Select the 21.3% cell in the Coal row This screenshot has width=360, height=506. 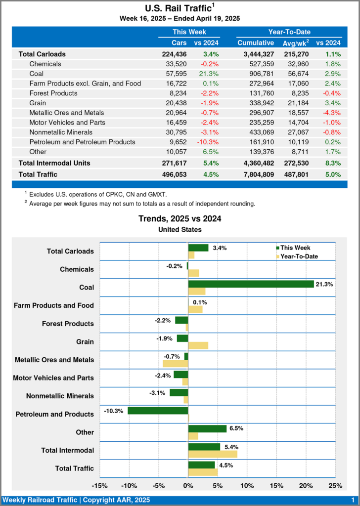coord(210,74)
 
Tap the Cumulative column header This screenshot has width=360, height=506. coord(255,43)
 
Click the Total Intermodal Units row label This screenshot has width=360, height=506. coord(54,163)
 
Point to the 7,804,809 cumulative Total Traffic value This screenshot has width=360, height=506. coord(255,174)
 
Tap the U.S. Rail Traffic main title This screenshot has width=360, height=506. coord(180,8)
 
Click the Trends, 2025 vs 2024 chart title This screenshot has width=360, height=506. coord(180,219)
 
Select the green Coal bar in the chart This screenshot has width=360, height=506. coord(251,284)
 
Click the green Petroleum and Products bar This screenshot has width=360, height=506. coord(158,411)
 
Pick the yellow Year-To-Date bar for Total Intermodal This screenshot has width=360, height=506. coord(213,454)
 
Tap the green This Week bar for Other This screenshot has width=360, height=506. coord(207,428)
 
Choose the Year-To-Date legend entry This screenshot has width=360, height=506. coord(299,256)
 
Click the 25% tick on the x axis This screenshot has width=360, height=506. coord(335,486)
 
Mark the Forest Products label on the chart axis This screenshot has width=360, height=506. coord(68,324)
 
